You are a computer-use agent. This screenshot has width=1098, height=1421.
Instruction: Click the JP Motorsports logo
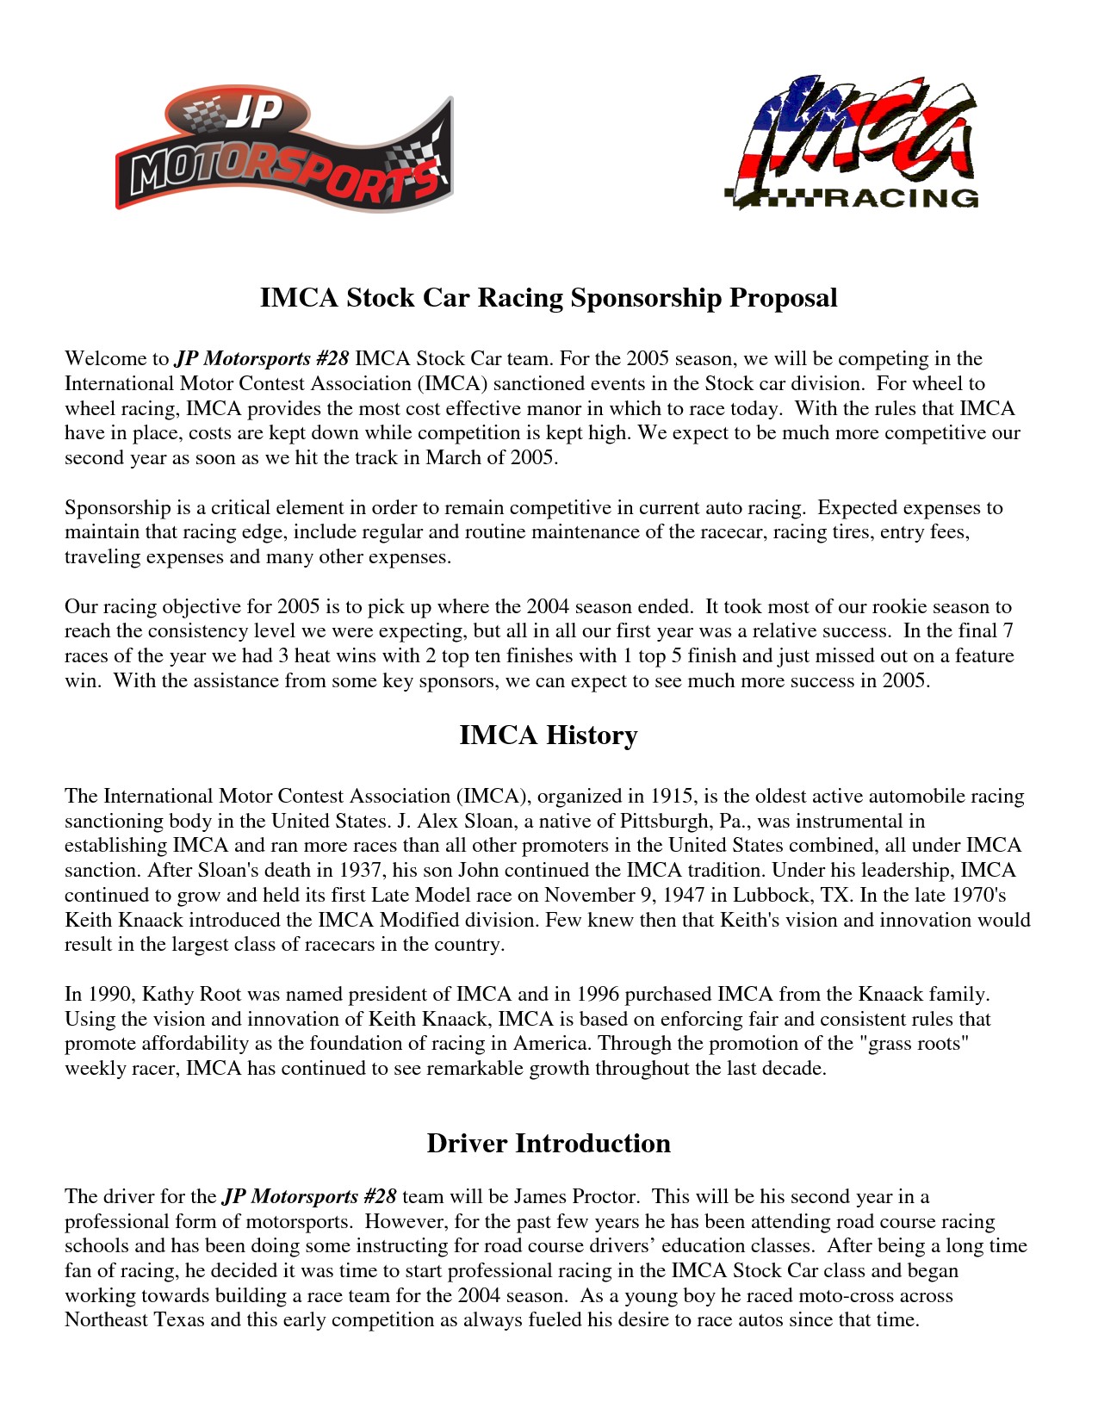click(x=284, y=151)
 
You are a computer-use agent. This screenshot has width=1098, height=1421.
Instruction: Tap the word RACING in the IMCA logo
click(x=902, y=199)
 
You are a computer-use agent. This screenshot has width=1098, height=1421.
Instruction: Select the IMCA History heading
click(x=549, y=735)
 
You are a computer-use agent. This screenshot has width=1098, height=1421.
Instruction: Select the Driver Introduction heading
click(x=549, y=1144)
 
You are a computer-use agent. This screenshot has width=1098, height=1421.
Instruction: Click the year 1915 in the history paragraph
click(x=672, y=797)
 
